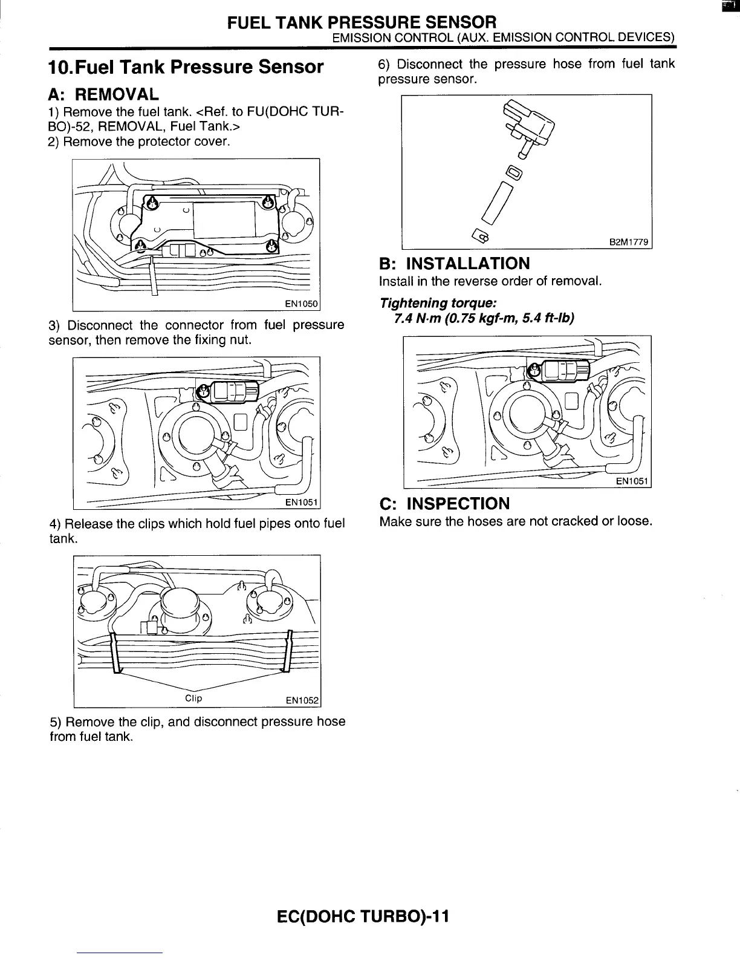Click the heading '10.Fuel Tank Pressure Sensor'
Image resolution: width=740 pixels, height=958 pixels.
pyautogui.click(x=186, y=67)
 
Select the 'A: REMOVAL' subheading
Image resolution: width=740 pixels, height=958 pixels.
pyautogui.click(x=103, y=94)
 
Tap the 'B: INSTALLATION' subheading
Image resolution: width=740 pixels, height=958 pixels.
pyautogui.click(x=454, y=263)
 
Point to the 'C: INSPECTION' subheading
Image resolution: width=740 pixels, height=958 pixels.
pyautogui.click(x=444, y=503)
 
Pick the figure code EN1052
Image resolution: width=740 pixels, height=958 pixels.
pyautogui.click(x=302, y=700)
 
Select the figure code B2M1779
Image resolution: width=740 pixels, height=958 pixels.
pyautogui.click(x=629, y=243)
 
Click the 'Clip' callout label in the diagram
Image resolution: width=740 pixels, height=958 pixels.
pyautogui.click(x=193, y=699)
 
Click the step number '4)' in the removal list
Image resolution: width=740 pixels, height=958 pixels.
pyautogui.click(x=55, y=524)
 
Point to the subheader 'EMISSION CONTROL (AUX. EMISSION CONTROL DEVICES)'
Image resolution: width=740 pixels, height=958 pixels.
pyautogui.click(x=504, y=37)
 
